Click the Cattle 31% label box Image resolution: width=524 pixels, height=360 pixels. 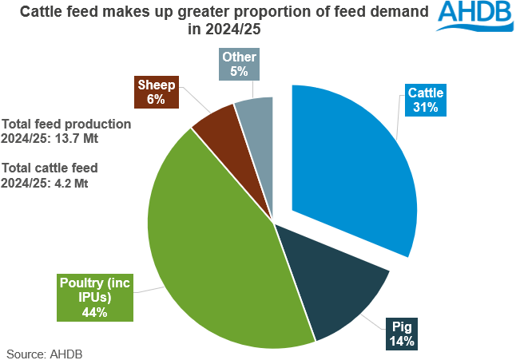(425, 101)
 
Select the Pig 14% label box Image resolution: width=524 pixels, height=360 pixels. (402, 334)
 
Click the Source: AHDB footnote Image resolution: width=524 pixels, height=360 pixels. (45, 352)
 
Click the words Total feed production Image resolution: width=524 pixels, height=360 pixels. (66, 124)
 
